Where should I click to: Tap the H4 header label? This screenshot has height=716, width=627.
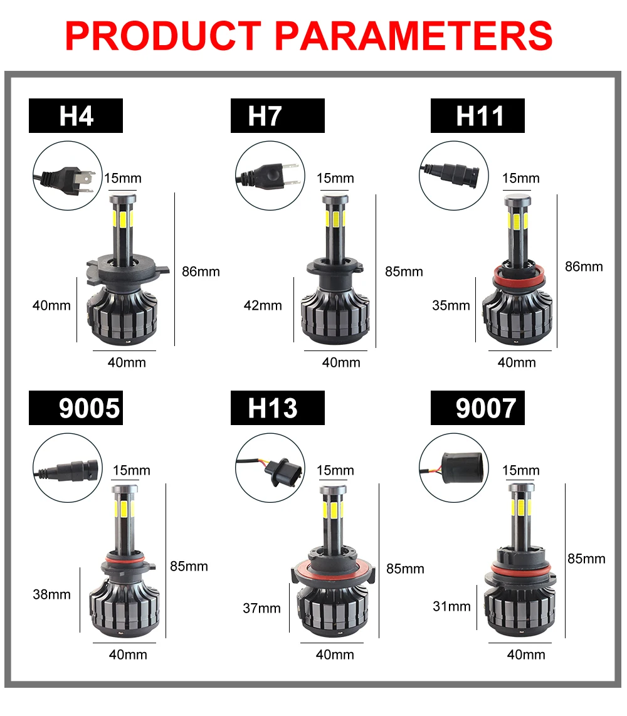(76, 116)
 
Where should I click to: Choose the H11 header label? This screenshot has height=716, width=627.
(480, 116)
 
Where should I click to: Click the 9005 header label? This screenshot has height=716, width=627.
(89, 408)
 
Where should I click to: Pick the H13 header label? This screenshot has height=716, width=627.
(272, 408)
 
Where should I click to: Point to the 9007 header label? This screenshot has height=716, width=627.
(486, 408)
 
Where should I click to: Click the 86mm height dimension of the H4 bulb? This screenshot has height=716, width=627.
(201, 271)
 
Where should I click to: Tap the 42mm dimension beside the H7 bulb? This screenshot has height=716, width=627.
(263, 305)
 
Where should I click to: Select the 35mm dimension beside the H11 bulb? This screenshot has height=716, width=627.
(451, 305)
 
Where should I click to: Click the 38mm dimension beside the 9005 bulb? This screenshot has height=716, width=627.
(51, 594)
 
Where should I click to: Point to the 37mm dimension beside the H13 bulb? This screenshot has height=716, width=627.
(261, 608)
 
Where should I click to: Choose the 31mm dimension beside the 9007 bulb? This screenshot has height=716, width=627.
(451, 606)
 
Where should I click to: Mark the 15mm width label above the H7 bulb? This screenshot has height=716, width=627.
(335, 178)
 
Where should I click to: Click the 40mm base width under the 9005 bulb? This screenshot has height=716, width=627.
(128, 654)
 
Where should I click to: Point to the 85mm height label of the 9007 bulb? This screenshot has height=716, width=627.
(586, 558)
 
